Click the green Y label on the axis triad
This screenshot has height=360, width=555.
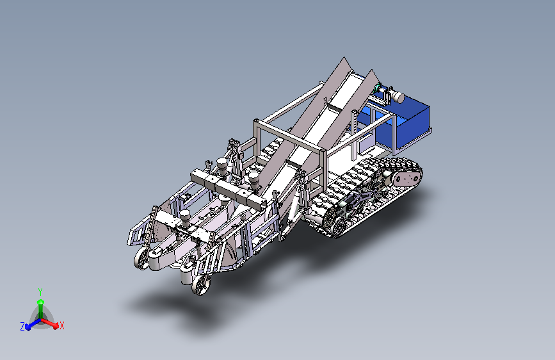pos(40,292)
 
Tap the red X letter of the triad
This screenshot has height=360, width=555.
pos(62,325)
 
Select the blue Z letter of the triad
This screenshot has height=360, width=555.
pos(22,327)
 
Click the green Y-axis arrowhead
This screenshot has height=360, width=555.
pos(41,302)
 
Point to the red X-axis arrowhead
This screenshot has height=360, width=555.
pos(56,325)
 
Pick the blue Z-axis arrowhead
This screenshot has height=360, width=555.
pos(28,327)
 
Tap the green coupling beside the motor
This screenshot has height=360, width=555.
pos(378,87)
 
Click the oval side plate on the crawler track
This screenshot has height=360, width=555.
pos(406,178)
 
